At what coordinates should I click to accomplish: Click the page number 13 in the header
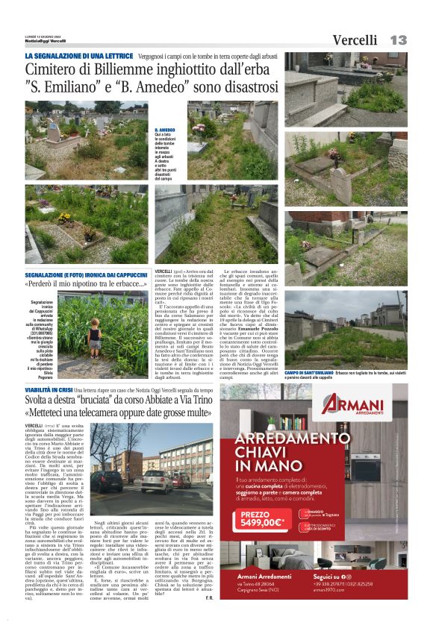(x=398, y=40)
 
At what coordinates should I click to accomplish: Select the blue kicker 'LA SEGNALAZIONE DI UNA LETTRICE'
(x=79, y=57)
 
